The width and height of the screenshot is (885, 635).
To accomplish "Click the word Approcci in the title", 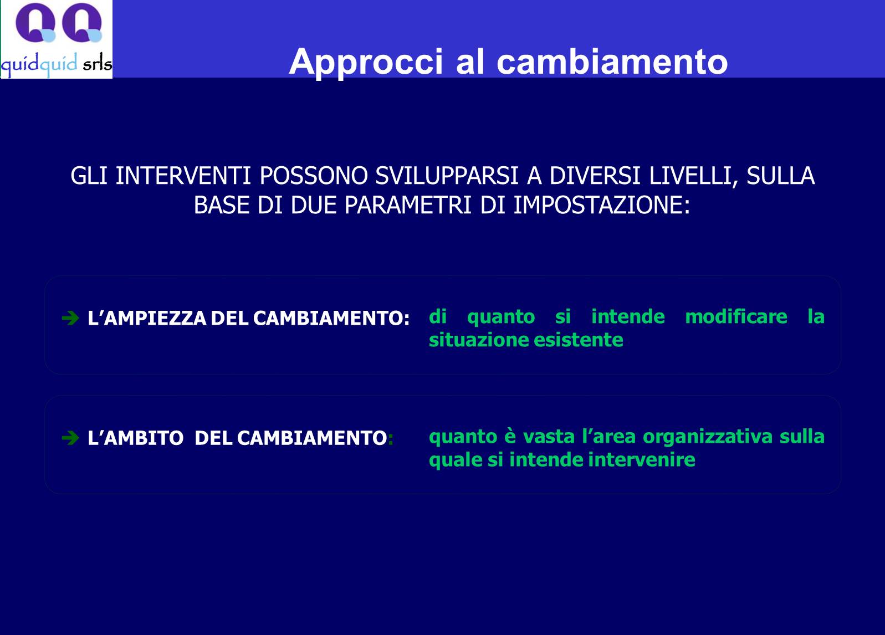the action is [x=366, y=63].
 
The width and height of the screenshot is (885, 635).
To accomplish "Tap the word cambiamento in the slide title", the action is [x=612, y=62].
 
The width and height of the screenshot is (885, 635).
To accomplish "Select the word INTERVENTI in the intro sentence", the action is [x=183, y=176].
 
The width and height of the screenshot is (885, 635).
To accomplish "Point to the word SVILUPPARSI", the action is [x=447, y=176].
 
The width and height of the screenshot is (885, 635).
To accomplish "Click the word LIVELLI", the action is [x=694, y=176].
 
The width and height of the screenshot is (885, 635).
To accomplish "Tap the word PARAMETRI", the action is [x=408, y=205].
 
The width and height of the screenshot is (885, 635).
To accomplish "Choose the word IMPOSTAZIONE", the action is [x=602, y=205].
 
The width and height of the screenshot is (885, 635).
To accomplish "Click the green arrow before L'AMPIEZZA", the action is [x=71, y=317].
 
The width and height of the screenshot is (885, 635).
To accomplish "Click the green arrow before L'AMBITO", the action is [x=71, y=437].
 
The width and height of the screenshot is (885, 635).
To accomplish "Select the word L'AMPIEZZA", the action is [x=147, y=318].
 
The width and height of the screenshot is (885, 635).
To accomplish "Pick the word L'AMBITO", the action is [x=136, y=438].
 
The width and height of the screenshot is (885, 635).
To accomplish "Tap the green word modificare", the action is [x=736, y=316].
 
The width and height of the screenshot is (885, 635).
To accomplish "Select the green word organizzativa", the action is [x=707, y=437].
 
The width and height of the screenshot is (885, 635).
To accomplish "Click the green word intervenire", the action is [x=642, y=459].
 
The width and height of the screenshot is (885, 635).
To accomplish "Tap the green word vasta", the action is [x=549, y=437].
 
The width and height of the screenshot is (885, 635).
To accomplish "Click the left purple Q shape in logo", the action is [x=35, y=23].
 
